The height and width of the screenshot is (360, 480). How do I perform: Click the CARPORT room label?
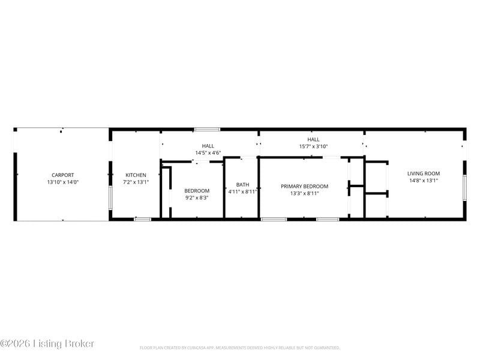pos(63,175)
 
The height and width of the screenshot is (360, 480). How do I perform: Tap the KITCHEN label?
pos(136,175)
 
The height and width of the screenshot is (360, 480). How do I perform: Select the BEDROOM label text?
pos(197,191)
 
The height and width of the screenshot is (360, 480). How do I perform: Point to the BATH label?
pos(243,185)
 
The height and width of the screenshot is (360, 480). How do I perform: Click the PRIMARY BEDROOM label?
pos(305,187)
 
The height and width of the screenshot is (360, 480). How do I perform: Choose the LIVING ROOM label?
pos(424,173)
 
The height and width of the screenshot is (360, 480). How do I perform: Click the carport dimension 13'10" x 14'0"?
pos(63,182)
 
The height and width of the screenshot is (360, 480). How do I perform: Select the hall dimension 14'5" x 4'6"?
pos(208,153)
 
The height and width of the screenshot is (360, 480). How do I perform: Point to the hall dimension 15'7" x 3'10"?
pos(313,146)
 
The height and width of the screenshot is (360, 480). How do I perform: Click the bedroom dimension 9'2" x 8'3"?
pos(197,198)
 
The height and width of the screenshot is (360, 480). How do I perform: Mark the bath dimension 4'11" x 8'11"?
pos(243,192)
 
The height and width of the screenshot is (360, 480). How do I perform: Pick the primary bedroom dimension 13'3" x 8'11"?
pos(305,193)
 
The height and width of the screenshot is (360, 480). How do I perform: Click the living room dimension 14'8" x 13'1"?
pos(424,181)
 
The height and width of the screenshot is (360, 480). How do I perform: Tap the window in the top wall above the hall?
pos(207,130)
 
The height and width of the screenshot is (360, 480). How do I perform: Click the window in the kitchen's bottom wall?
pos(143,219)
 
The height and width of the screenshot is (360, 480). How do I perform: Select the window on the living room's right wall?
pos(464,188)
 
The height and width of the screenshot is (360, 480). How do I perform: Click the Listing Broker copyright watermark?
pos(47,343)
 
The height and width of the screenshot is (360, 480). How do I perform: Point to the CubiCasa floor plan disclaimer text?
pos(239,348)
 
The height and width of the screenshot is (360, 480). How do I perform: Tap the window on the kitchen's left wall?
pos(110,198)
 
